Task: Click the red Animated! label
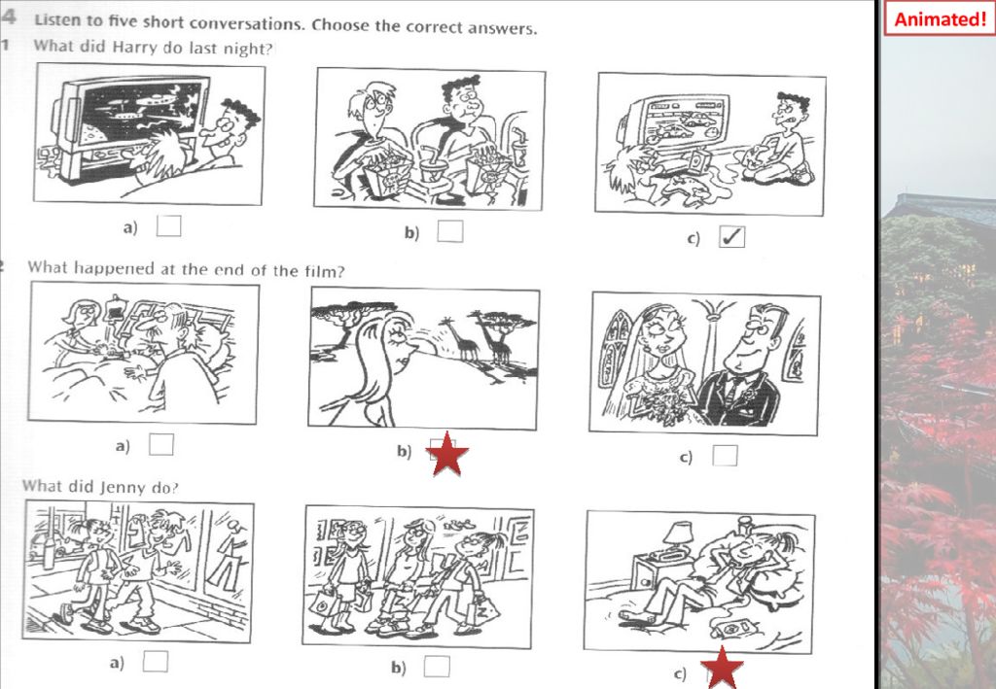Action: [940, 18]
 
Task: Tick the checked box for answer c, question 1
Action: [731, 237]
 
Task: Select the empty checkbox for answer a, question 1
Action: [168, 225]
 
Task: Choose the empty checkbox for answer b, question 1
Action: [449, 231]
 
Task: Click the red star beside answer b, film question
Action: [447, 454]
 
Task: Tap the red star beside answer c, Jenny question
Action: [723, 668]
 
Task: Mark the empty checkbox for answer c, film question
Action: [725, 455]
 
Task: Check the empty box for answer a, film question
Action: [160, 444]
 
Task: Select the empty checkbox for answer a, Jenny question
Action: [155, 661]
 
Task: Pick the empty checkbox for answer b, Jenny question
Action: [437, 666]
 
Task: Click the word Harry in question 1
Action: [127, 47]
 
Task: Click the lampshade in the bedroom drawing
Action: [677, 533]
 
